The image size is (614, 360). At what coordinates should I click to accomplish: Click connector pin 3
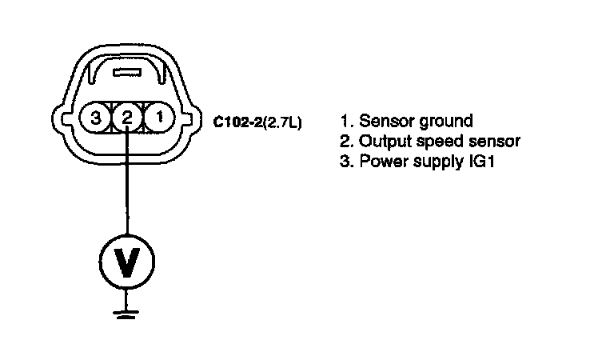(96, 118)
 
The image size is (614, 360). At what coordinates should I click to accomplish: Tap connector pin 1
(161, 118)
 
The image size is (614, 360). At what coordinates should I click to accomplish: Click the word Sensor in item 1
(385, 122)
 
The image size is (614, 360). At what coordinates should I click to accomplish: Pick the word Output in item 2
(383, 142)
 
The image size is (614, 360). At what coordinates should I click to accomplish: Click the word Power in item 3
(381, 162)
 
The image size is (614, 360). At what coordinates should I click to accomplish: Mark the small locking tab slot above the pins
(126, 74)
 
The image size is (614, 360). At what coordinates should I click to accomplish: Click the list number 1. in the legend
(345, 122)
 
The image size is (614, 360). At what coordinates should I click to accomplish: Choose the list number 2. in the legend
(345, 142)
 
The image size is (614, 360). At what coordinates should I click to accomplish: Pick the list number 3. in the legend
(345, 162)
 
